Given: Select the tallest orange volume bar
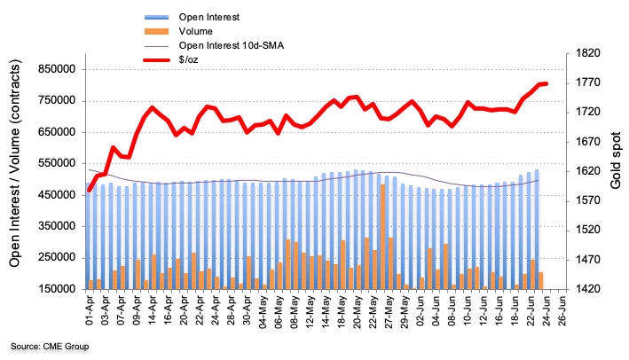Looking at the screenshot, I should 382,236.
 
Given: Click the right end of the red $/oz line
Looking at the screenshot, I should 546,83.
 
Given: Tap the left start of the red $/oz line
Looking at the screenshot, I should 90,190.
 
